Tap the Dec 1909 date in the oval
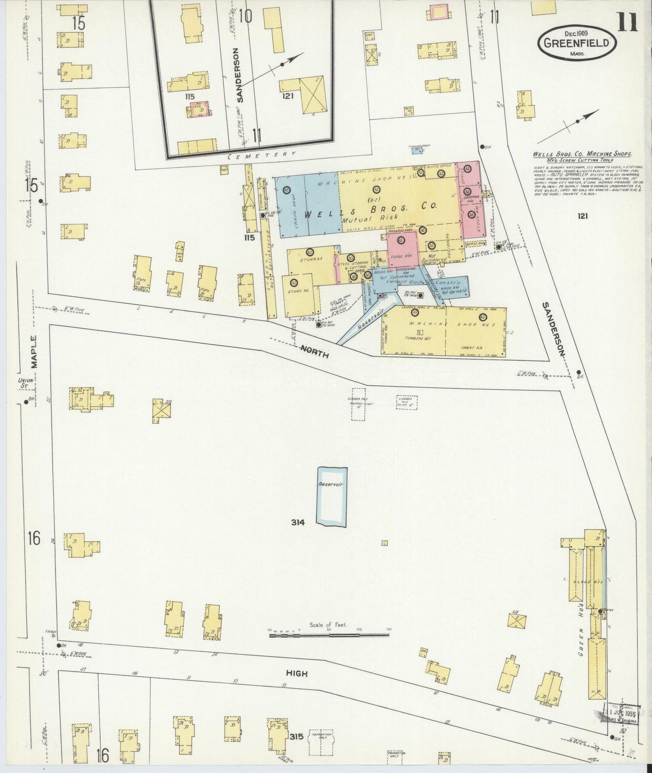click(577, 33)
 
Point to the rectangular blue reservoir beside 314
click(331, 496)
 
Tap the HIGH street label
click(296, 673)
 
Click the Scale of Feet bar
click(329, 635)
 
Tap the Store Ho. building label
click(295, 291)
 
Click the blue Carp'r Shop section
click(289, 210)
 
